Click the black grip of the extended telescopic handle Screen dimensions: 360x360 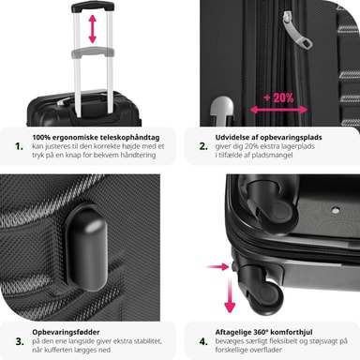93,7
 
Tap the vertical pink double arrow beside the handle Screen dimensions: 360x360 93,29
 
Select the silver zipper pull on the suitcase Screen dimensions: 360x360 297,30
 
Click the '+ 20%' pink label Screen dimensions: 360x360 278,98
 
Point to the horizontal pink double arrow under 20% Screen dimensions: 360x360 278,110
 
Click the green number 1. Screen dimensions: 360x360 19,146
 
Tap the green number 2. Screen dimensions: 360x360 203,146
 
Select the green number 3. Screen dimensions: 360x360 20,341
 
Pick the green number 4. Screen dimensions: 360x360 203,341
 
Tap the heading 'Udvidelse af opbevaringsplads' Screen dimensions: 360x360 268,138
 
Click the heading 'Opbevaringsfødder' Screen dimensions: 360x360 66,332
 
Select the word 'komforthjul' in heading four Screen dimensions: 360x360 292,332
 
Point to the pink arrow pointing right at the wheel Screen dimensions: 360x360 217,267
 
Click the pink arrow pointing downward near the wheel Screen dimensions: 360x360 230,296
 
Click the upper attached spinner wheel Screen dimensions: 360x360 271,203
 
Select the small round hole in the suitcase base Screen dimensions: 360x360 336,210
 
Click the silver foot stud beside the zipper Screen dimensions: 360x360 221,108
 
